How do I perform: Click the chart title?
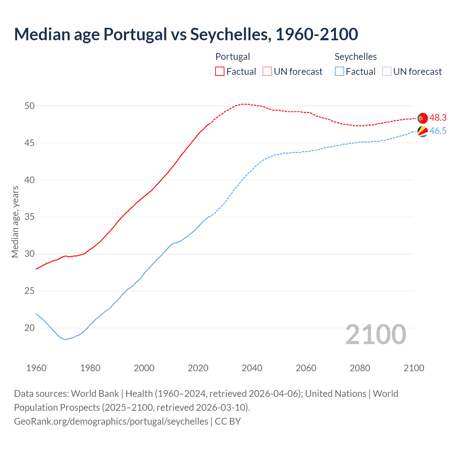click(186, 34)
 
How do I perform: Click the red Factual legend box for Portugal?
click(220, 71)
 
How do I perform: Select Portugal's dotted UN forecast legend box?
click(267, 71)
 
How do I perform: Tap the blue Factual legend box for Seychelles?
click(340, 71)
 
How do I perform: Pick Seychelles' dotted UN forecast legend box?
click(387, 71)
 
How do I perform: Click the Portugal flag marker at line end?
click(422, 118)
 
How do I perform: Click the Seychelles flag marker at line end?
click(422, 131)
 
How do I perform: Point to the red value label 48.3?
click(438, 118)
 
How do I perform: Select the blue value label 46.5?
click(438, 131)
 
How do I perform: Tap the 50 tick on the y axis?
click(30, 106)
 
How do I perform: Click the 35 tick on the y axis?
click(30, 217)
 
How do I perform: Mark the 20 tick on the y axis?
click(30, 328)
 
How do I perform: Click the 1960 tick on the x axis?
click(36, 368)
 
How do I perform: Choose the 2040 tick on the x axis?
click(252, 368)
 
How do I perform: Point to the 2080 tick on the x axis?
click(360, 368)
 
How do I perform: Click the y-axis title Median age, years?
click(15, 222)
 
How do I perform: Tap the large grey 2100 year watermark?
click(375, 334)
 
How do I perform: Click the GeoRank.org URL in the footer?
click(111, 421)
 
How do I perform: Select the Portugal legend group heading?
click(233, 57)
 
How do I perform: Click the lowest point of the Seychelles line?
click(66, 340)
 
